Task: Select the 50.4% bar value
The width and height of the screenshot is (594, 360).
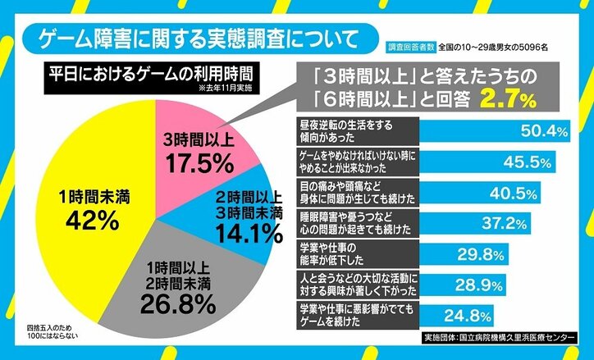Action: [x=545, y=130]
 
